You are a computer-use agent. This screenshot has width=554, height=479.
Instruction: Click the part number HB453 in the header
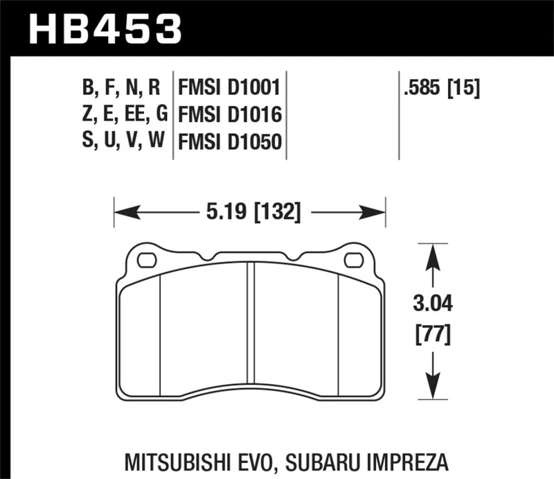click(104, 28)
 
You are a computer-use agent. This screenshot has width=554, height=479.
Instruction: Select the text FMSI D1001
click(229, 88)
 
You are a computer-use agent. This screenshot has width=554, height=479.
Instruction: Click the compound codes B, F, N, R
click(122, 88)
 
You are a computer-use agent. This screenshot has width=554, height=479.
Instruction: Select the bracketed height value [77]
click(432, 336)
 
